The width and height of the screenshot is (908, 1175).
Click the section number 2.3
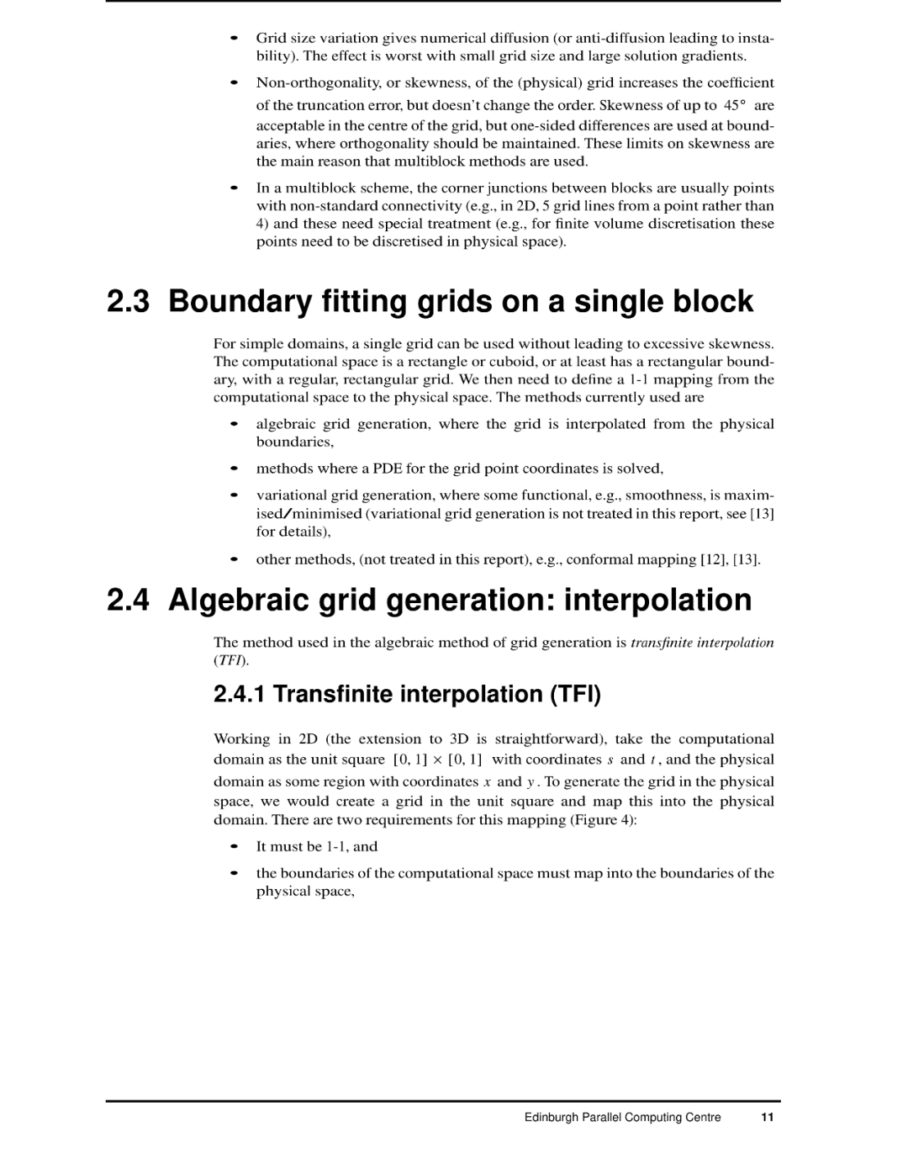pyautogui.click(x=129, y=301)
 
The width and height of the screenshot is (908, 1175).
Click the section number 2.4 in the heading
pyautogui.click(x=129, y=600)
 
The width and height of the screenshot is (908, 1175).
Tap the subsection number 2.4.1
pyautogui.click(x=240, y=694)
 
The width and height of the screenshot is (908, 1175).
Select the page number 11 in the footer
pyautogui.click(x=767, y=1118)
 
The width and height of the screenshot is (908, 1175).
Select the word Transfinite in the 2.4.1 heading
pyautogui.click(x=333, y=694)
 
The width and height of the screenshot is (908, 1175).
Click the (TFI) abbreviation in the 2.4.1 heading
pyautogui.click(x=576, y=694)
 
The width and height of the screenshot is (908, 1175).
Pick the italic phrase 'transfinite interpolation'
pyautogui.click(x=702, y=643)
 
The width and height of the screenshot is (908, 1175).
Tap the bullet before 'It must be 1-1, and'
pyautogui.click(x=235, y=847)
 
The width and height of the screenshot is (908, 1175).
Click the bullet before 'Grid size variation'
pyautogui.click(x=235, y=38)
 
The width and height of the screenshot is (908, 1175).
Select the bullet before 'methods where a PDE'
pyautogui.click(x=235, y=468)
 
